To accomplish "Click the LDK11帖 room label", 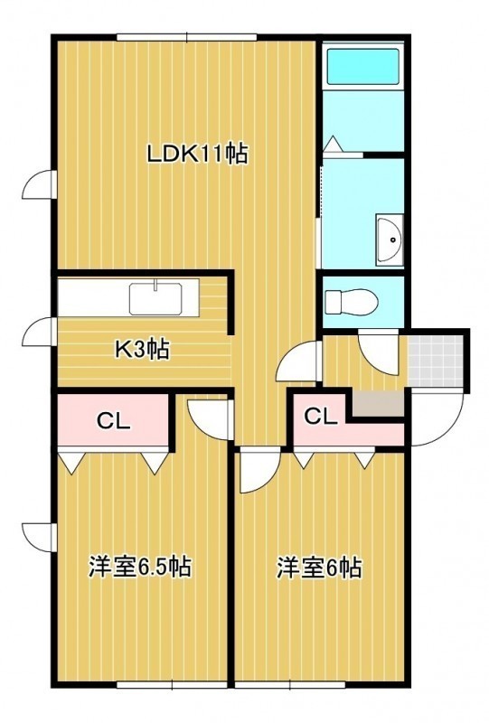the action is (197, 154).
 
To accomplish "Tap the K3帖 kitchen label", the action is (142, 350).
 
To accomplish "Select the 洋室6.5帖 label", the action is (140, 567).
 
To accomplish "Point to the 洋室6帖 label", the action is (319, 568).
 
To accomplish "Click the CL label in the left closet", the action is (114, 420).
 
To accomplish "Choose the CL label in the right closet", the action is (321, 417).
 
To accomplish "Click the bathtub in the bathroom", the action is (363, 66).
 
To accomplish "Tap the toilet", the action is (352, 302).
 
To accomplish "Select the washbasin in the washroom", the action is (390, 239).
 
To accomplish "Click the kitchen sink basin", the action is (155, 298).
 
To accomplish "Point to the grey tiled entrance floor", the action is (435, 361).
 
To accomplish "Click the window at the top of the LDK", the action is (187, 37).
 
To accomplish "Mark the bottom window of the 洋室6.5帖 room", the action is (172, 685).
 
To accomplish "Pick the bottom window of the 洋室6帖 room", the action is (290, 685).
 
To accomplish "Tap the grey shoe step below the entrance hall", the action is (379, 403).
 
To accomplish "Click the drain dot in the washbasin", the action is (393, 239).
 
